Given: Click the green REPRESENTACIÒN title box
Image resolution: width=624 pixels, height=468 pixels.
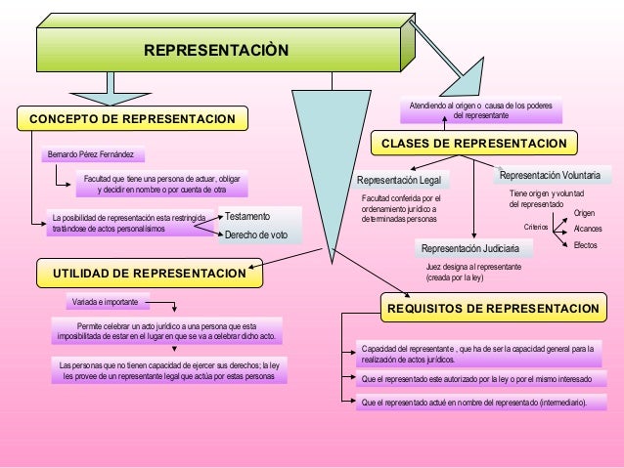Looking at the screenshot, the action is coord(216,49).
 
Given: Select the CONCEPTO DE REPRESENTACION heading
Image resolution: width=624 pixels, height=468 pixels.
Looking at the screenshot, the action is coord(133,119).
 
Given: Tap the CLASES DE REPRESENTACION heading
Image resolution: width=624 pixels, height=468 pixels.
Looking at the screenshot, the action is coord(473,144).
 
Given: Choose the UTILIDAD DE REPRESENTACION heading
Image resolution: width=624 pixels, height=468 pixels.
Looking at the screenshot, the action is coord(150,272).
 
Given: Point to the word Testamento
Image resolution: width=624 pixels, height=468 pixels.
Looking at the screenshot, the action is coord(246,215).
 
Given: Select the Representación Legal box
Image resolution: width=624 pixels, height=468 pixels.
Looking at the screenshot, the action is coord(399,181).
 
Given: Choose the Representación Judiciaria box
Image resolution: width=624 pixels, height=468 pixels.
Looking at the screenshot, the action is coord(469,249).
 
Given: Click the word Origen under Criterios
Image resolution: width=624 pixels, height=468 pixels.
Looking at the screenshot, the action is coord(584,212).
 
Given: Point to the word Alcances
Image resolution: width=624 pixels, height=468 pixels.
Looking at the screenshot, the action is coord(588,228).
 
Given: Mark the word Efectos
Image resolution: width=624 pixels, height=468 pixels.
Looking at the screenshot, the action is coord(586,244).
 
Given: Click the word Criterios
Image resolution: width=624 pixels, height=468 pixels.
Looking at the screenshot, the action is coord(536,227).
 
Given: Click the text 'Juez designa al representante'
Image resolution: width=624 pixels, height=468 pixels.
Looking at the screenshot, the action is coord(473,267).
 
